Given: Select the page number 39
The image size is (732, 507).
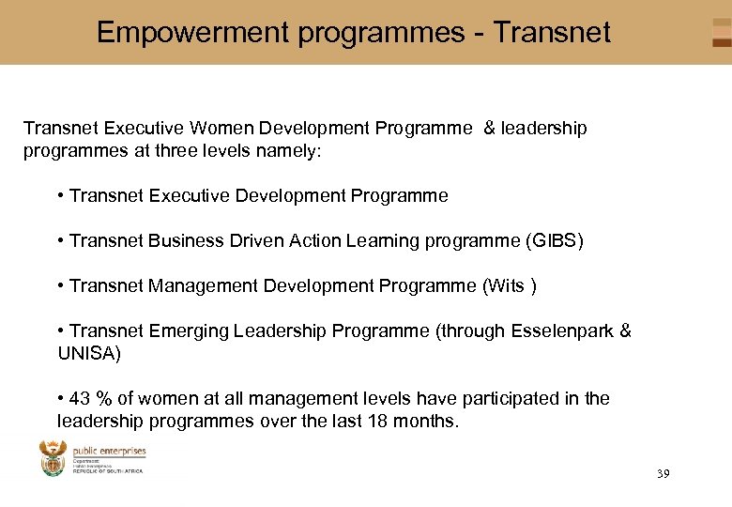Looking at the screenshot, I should [x=663, y=474].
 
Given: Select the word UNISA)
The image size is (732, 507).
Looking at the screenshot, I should [x=89, y=353].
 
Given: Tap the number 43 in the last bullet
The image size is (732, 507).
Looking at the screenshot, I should [x=81, y=398].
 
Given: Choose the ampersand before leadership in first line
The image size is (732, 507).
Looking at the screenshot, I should [x=489, y=128].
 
